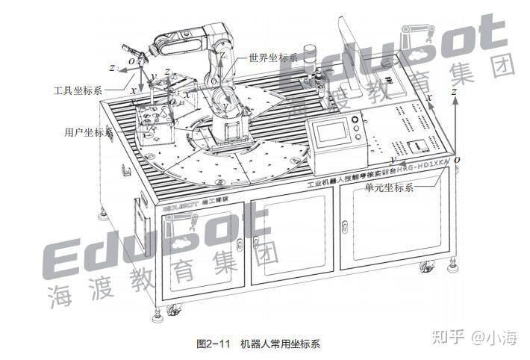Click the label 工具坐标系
pyautogui.click(x=78, y=90)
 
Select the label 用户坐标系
pyautogui.click(x=88, y=132)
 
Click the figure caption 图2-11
pyautogui.click(x=211, y=344)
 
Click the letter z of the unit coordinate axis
pyautogui.click(x=454, y=90)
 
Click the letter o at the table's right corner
pyautogui.click(x=458, y=159)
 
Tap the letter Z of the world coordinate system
pyautogui.click(x=222, y=55)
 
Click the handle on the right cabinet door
pyautogui.click(x=345, y=226)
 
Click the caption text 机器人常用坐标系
pyautogui.click(x=280, y=344)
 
